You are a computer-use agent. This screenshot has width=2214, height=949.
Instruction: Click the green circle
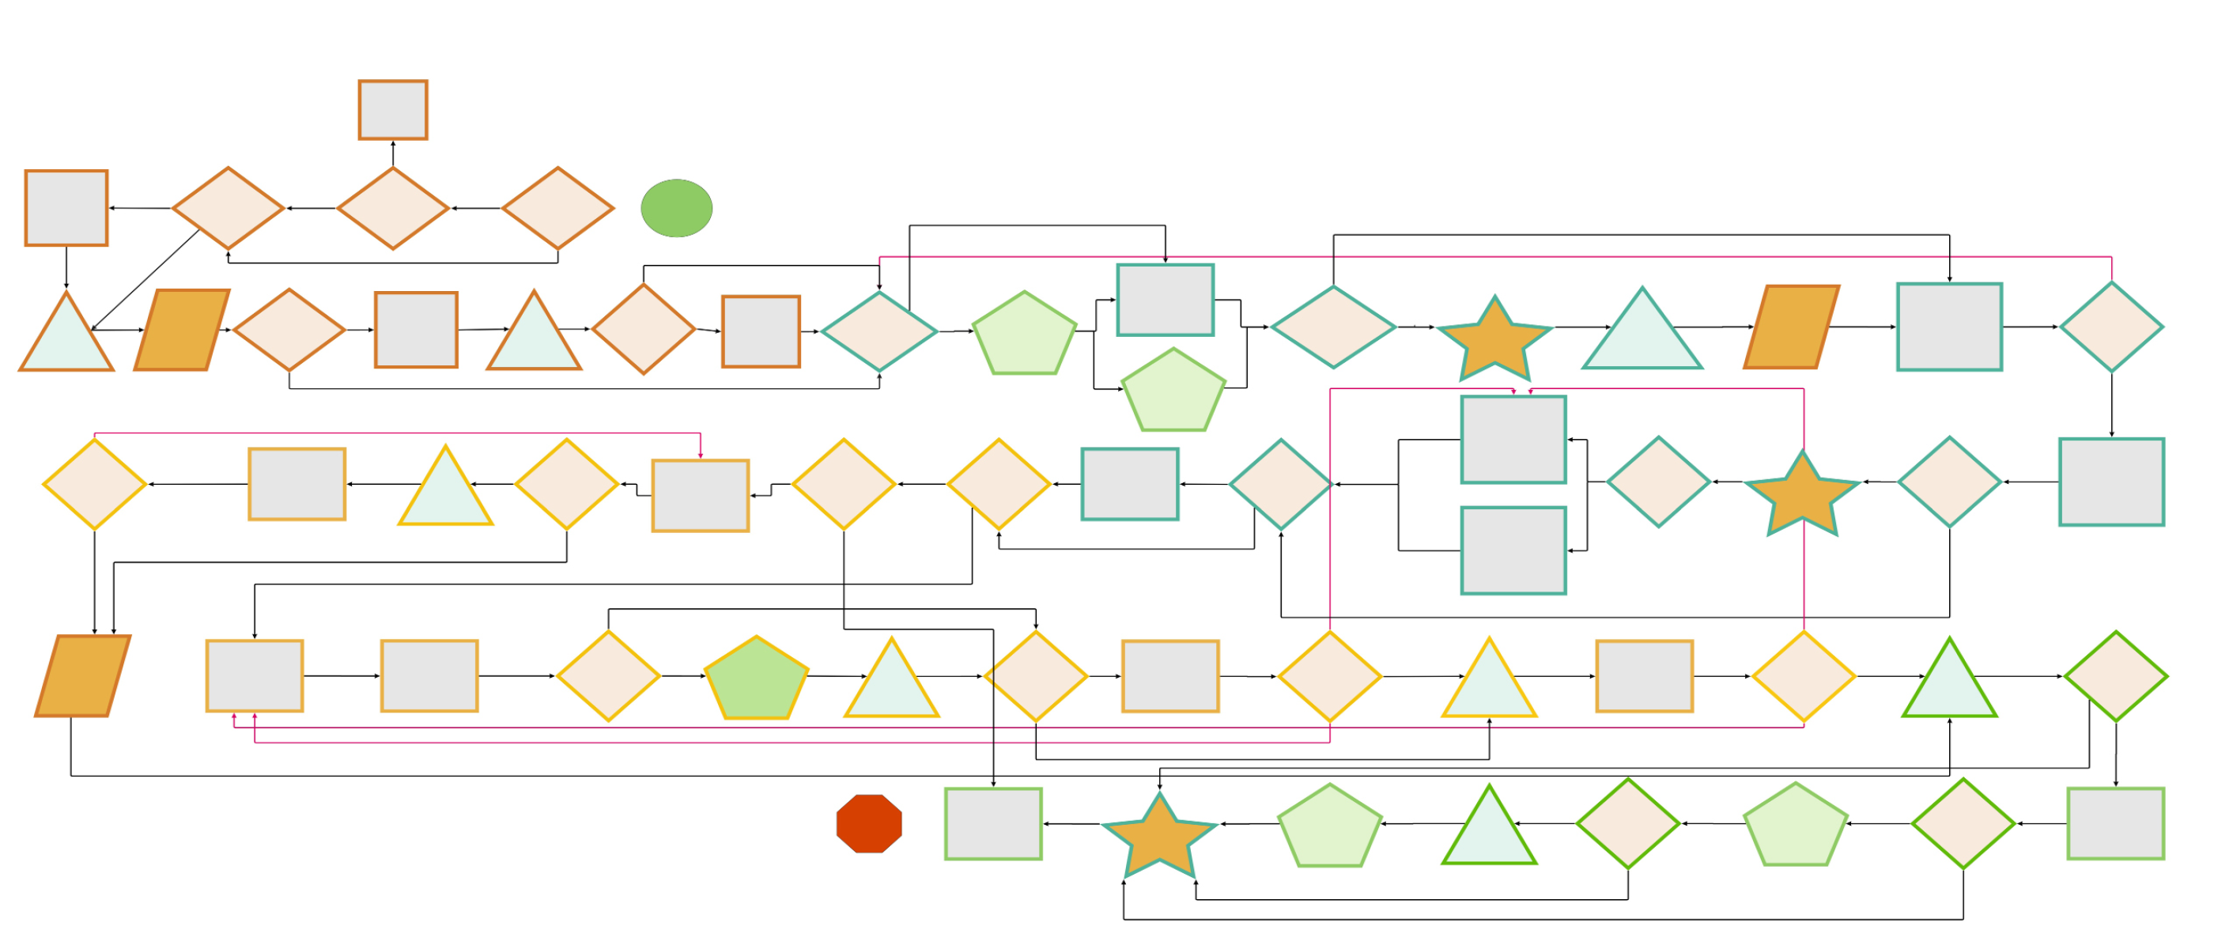[676, 208]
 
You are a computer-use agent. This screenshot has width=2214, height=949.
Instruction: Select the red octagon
[869, 823]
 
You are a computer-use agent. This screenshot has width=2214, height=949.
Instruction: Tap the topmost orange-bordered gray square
[393, 110]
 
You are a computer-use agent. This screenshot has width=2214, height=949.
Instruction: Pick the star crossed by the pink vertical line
[1802, 493]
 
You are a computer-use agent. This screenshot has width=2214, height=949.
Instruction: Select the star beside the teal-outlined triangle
[1494, 338]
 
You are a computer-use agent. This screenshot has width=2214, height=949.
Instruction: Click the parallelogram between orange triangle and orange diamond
[182, 330]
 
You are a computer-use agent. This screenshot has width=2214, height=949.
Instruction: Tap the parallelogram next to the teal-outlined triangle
[1792, 327]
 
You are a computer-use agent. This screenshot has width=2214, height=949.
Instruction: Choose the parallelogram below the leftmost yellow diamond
[82, 675]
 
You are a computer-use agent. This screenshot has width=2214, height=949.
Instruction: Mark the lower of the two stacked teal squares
[1513, 550]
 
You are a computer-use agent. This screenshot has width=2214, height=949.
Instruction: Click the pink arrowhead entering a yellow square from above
[701, 455]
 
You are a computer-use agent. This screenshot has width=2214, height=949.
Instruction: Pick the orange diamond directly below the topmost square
[393, 208]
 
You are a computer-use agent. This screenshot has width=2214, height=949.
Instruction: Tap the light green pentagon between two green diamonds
[1796, 825]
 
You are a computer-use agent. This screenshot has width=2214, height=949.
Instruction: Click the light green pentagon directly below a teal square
[1173, 392]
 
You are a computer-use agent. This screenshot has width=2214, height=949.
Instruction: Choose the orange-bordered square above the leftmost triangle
[66, 208]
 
